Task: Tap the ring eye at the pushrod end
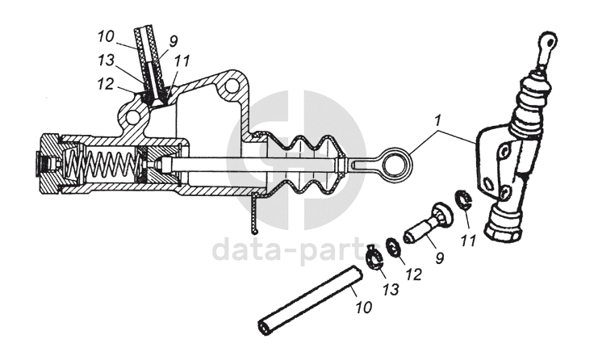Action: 399,162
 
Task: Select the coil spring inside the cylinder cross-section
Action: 106,166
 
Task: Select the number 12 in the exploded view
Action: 413,274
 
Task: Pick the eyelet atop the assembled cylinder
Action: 548,40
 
